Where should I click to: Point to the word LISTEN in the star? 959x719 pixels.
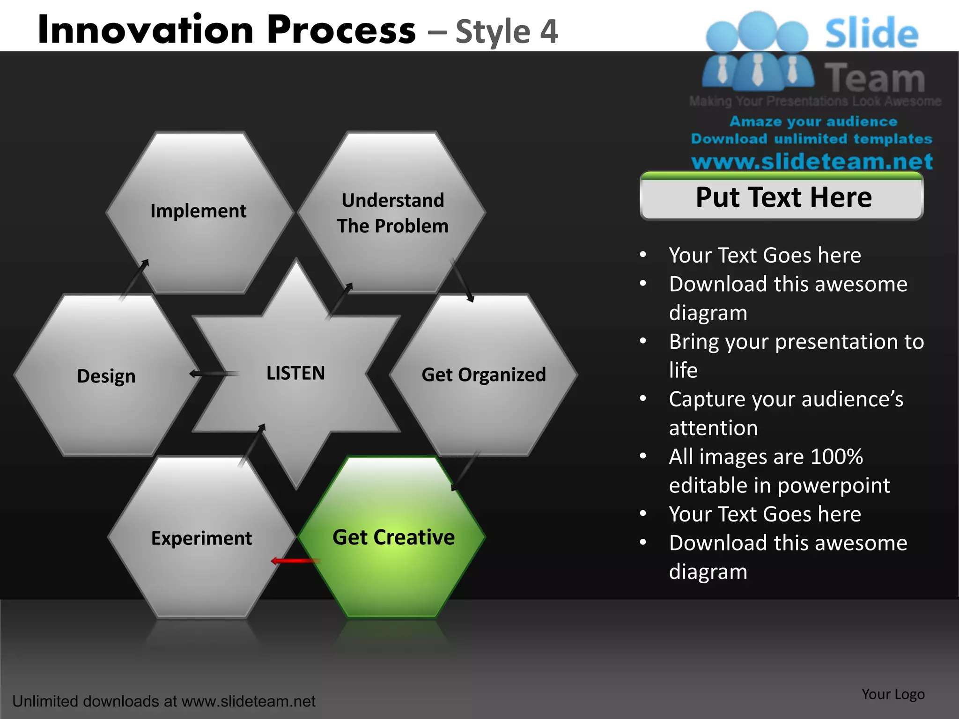295,373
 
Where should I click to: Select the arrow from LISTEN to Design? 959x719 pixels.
213,374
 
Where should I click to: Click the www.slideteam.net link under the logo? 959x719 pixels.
811,161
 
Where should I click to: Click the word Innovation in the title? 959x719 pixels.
145,30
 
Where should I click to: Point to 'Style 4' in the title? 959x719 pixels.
507,32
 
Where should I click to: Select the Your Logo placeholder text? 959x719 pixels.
893,694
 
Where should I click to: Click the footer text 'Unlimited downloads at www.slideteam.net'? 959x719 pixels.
164,701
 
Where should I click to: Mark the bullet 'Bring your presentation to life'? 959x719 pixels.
796,355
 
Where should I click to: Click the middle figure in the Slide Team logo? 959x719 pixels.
757,51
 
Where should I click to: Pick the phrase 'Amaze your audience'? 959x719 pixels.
813,121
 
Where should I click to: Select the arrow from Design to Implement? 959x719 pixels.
134,279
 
